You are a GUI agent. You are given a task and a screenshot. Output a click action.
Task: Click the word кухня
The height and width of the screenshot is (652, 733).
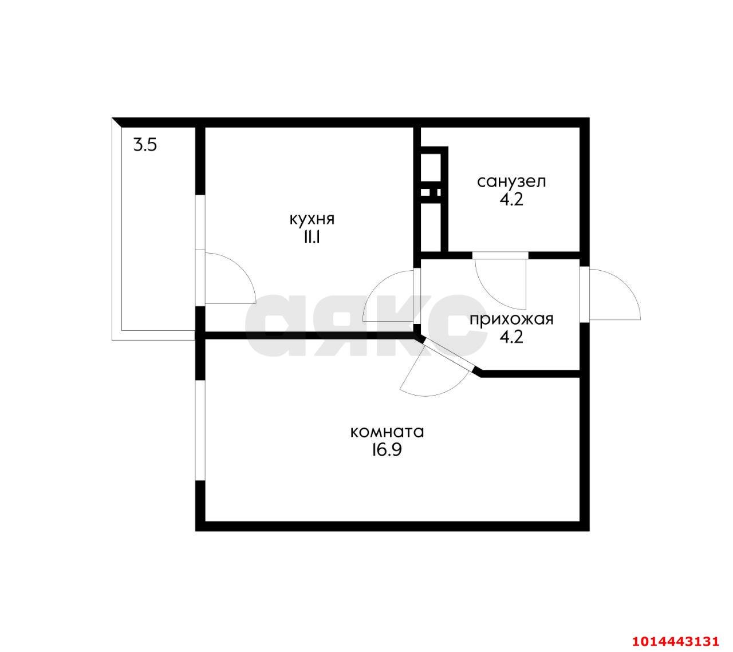312,220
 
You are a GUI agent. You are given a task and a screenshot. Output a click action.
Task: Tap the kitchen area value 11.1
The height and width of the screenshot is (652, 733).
313,238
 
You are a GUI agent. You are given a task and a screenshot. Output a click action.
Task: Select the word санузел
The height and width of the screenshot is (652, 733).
511,182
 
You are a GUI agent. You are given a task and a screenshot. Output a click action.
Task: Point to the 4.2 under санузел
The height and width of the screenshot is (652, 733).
511,200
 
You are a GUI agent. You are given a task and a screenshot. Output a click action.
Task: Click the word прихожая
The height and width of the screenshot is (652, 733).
511,319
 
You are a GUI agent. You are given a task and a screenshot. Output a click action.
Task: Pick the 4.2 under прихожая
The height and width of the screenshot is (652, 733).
511,337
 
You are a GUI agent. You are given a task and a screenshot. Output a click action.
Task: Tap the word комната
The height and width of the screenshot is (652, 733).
387,432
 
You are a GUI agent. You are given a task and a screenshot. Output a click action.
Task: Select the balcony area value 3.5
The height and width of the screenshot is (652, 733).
145,145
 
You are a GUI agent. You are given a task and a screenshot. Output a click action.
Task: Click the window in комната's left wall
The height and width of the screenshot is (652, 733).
200,430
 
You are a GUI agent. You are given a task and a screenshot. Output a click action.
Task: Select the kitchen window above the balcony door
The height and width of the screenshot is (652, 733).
200,223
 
